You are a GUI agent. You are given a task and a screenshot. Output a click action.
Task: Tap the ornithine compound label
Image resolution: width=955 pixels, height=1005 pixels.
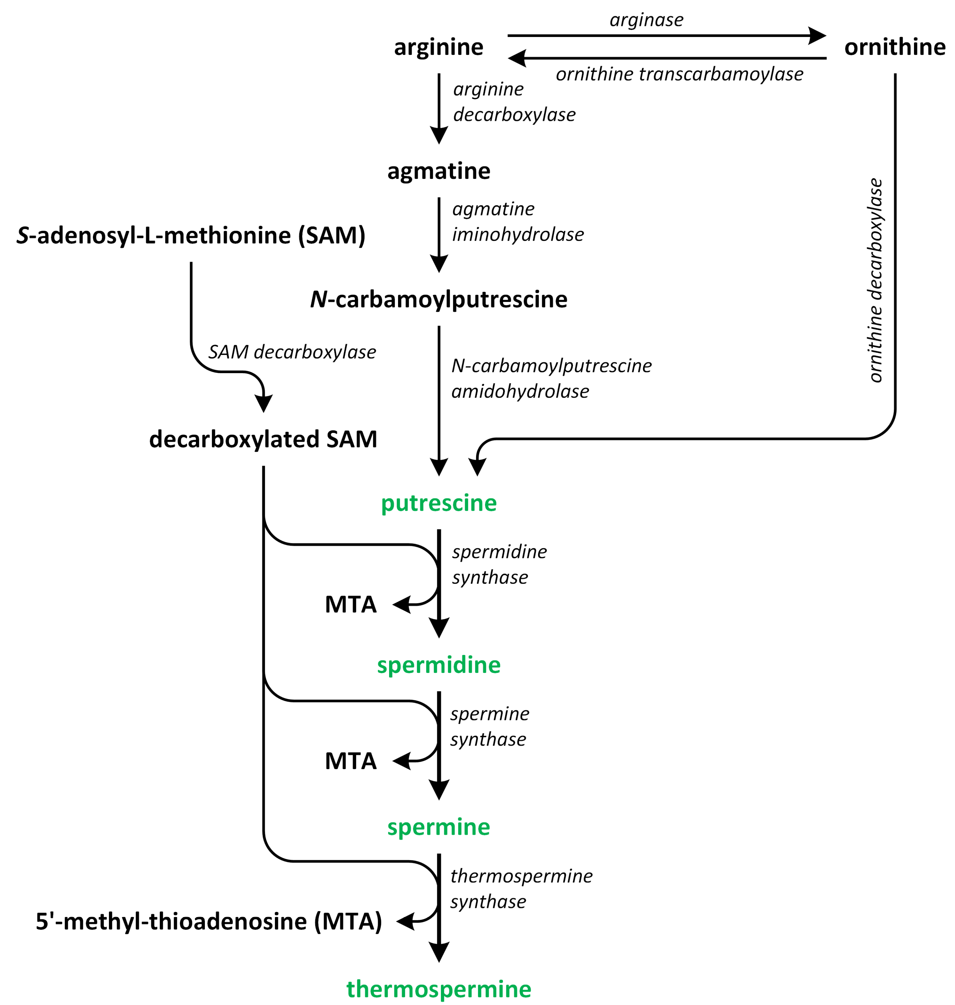click(895, 47)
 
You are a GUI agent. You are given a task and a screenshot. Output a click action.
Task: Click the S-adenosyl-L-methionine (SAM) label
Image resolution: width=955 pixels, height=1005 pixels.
click(191, 235)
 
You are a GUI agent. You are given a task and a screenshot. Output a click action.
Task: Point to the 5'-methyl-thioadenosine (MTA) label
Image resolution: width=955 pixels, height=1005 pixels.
click(209, 921)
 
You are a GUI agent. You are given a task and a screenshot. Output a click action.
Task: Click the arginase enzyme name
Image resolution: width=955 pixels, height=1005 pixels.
click(646, 20)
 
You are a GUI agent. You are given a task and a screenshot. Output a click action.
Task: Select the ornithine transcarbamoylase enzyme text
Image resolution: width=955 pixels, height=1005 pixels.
click(679, 74)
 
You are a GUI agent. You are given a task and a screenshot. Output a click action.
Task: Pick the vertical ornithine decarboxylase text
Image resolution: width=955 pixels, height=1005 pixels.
click(874, 280)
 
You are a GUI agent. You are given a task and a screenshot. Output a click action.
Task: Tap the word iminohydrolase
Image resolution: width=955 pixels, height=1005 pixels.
click(518, 235)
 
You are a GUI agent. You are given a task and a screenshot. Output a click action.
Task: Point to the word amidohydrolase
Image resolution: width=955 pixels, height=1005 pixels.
click(520, 391)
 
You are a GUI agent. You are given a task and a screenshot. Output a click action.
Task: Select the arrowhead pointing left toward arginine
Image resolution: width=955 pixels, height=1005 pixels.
click(517, 58)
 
